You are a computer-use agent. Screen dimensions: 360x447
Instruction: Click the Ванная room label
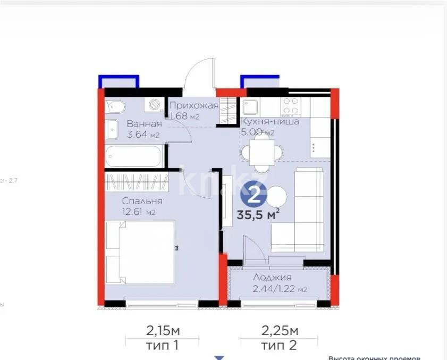(144, 124)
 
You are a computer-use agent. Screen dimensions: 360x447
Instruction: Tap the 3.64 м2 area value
(143, 135)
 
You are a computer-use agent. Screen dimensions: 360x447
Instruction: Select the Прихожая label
(194, 106)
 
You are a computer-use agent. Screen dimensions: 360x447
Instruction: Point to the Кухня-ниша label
(270, 121)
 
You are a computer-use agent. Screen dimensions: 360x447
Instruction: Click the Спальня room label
(142, 202)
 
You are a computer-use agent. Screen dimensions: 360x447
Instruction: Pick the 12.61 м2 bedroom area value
(139, 213)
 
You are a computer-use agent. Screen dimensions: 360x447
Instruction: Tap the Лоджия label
(272, 278)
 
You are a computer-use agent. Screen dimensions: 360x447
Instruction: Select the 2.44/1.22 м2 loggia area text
(280, 289)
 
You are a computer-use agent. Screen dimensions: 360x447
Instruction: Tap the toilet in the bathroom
(114, 107)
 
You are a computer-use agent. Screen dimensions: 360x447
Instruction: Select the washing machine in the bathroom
(156, 105)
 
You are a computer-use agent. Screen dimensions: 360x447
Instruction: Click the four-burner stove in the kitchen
(290, 106)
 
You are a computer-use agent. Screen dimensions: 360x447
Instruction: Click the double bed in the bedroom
(141, 252)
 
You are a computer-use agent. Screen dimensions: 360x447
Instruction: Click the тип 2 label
(279, 346)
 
